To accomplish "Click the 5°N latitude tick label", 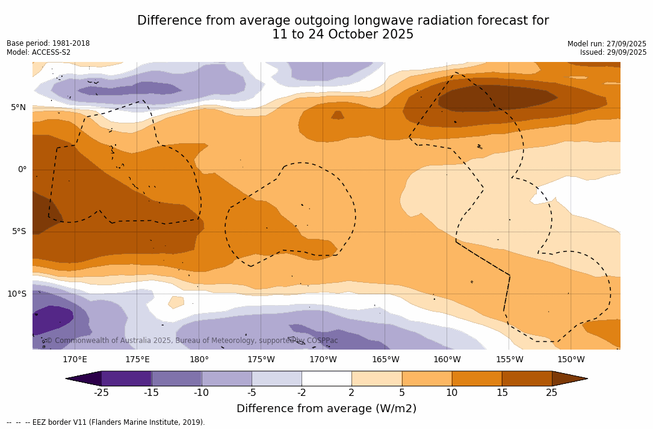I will (x=18, y=108).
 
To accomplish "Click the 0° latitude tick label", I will (x=22, y=170).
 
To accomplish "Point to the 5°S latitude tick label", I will (x=18, y=232).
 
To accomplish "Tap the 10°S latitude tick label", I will (x=16, y=294).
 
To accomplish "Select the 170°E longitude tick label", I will (x=75, y=360).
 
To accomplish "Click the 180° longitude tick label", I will (x=199, y=360).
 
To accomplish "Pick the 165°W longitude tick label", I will (x=385, y=360).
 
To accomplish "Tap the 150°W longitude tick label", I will (x=571, y=360).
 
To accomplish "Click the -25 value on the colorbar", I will (x=101, y=393).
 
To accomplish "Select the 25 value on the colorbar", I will (x=551, y=393).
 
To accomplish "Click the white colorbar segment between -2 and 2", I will (x=327, y=378).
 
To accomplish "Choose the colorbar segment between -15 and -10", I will (x=176, y=378).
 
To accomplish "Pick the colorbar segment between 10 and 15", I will (x=477, y=378).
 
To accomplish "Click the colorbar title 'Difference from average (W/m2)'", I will (x=326, y=409).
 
